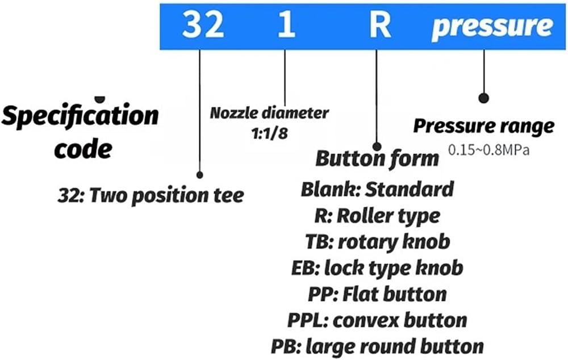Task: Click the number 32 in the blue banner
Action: click(x=203, y=24)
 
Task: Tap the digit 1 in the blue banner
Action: click(x=286, y=24)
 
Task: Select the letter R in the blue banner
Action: click(x=380, y=24)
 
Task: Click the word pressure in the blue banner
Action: click(x=492, y=27)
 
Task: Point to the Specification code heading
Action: click(x=80, y=132)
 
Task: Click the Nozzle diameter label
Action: click(x=269, y=113)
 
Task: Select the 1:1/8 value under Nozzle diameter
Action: click(x=269, y=133)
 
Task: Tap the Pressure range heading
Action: click(x=483, y=127)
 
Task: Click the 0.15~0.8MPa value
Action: click(x=488, y=149)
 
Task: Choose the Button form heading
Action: click(x=377, y=158)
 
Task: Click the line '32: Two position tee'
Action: click(x=151, y=195)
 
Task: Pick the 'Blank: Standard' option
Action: click(x=377, y=189)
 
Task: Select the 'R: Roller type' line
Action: click(x=377, y=216)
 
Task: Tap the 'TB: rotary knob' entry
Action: click(x=378, y=242)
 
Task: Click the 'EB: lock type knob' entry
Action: click(x=377, y=269)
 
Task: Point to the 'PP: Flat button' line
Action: click(x=377, y=294)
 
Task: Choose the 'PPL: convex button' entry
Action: click(x=377, y=320)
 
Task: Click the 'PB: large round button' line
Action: click(x=377, y=346)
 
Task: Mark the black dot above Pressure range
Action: click(x=483, y=98)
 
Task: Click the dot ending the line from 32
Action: click(x=199, y=175)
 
